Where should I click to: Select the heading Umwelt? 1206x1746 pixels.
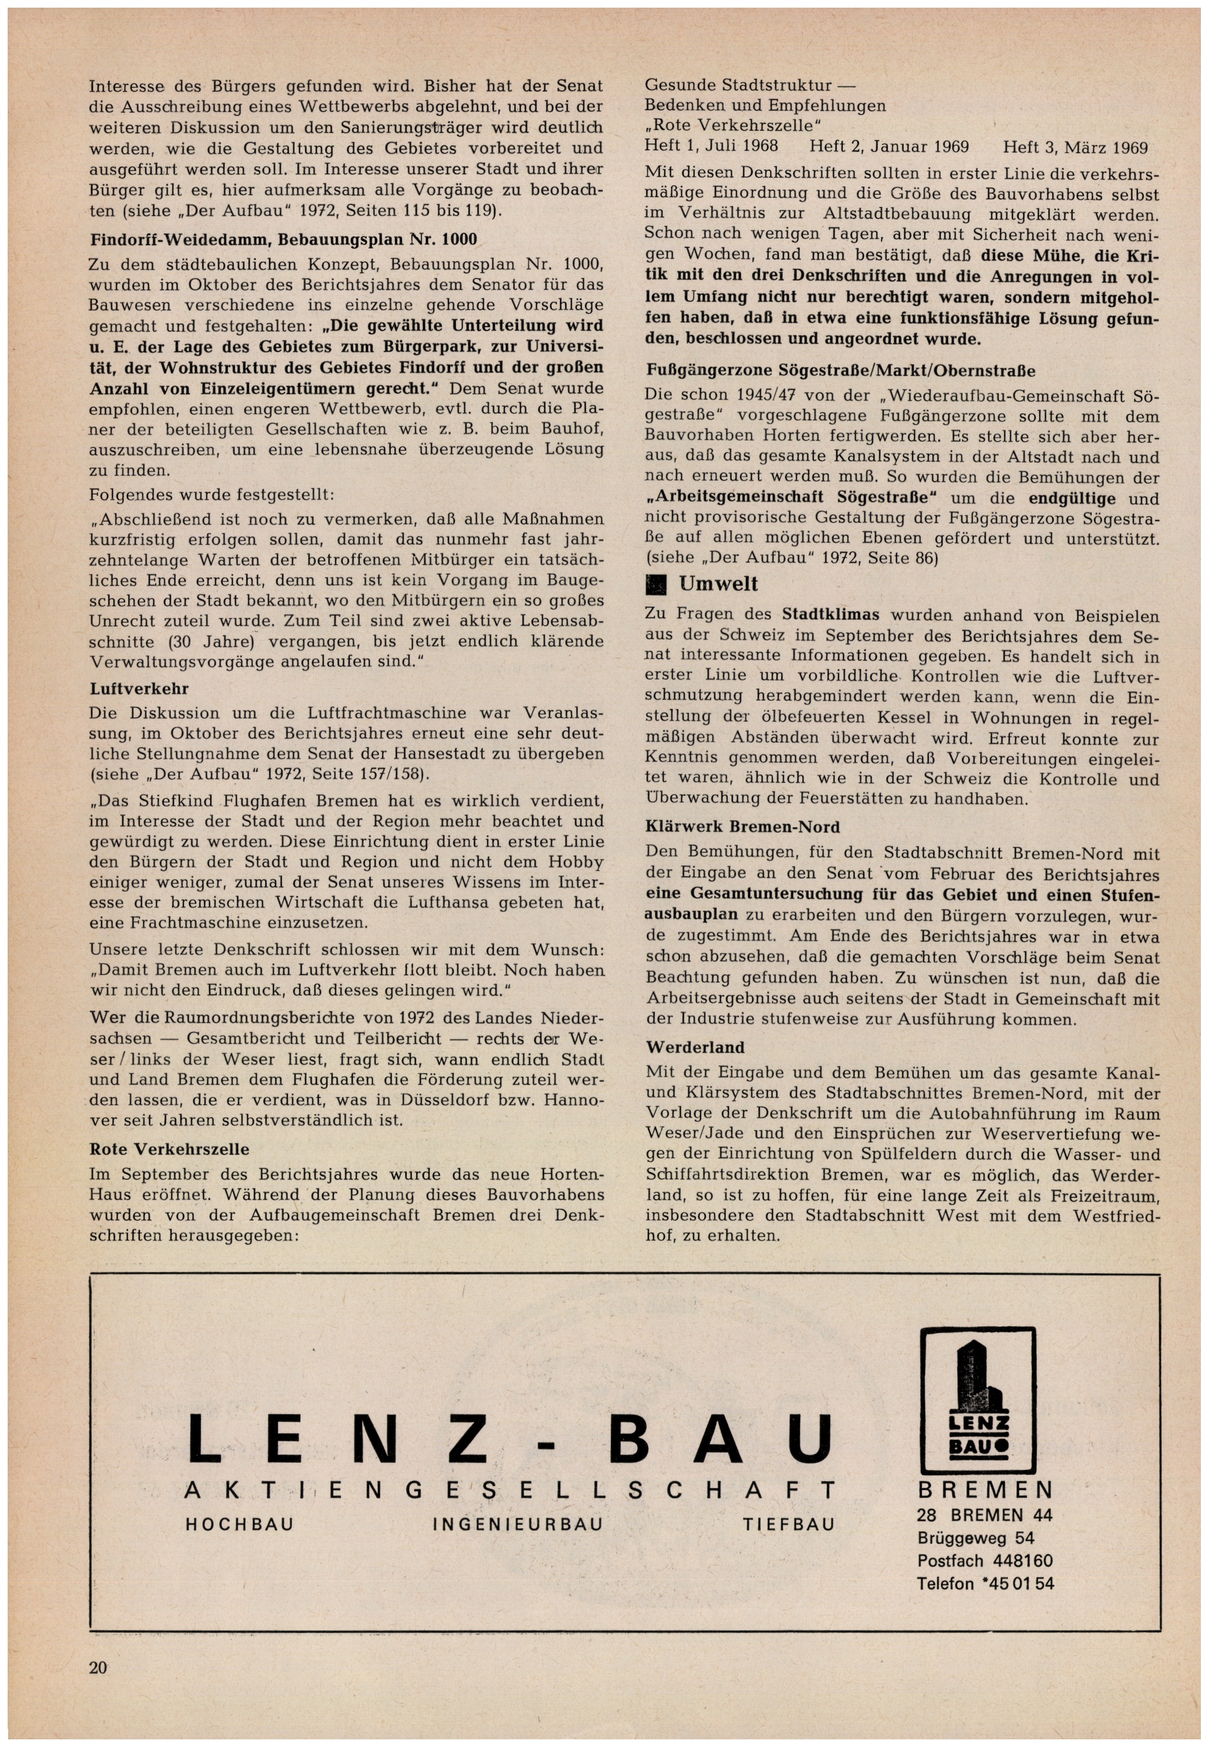click(x=717, y=584)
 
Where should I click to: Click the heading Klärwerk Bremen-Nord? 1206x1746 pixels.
click(x=742, y=827)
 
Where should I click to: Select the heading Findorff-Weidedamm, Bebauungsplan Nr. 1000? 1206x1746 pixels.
click(x=283, y=240)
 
